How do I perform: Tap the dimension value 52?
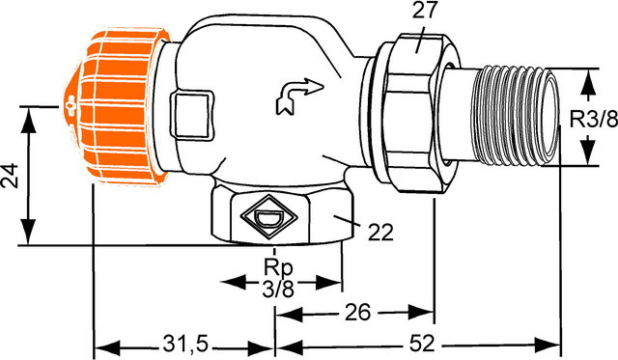422,344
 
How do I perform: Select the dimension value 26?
358,313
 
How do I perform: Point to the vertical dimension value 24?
10,176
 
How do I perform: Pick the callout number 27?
425,10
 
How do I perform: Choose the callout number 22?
380,233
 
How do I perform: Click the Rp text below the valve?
278,268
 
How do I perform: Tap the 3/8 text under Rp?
278,290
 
